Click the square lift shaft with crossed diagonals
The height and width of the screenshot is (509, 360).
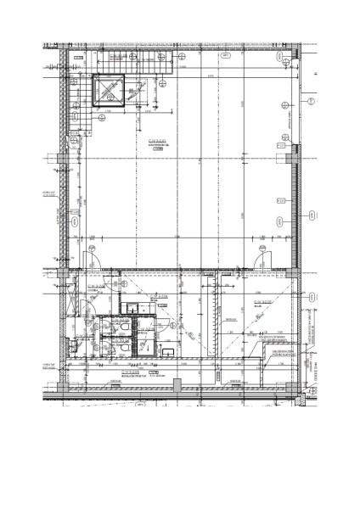coord(109,91)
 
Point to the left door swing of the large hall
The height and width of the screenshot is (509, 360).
coord(93,259)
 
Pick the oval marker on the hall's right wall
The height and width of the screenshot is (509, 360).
coord(279,221)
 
